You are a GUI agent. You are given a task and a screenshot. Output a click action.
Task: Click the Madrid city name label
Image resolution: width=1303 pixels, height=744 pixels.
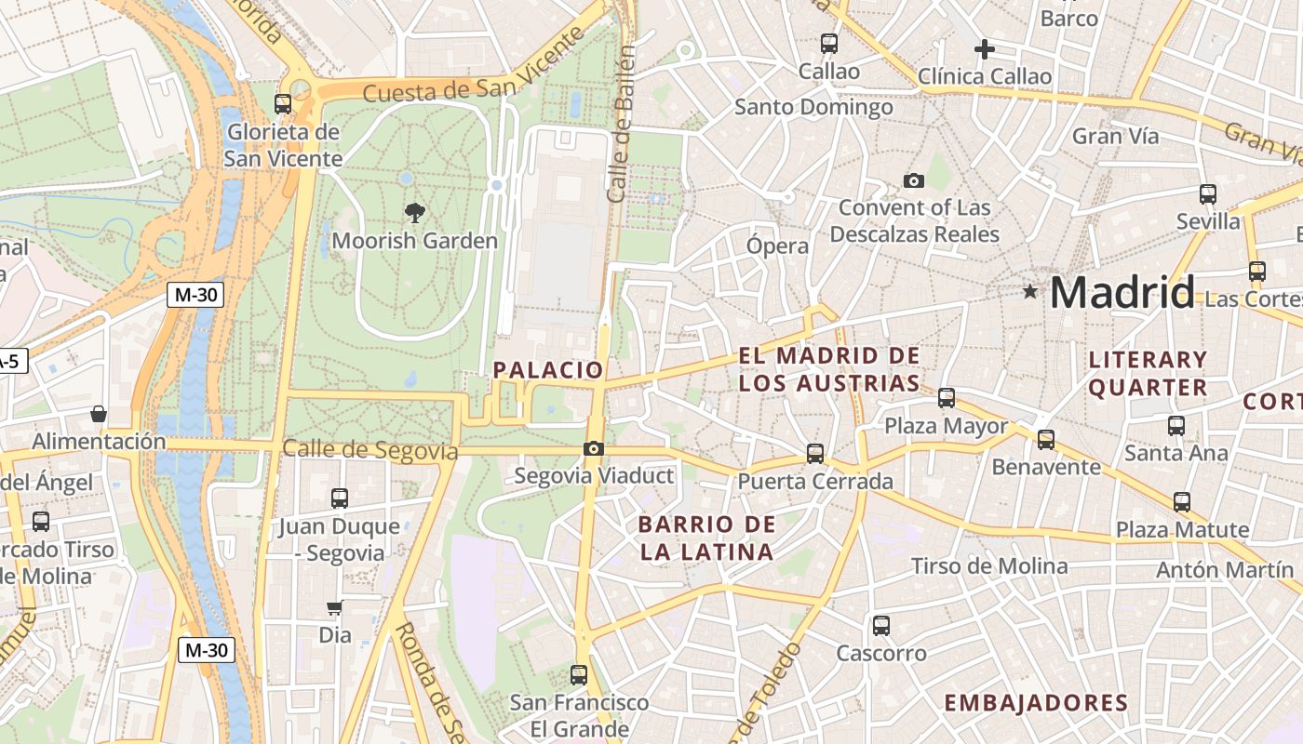(x=1122, y=293)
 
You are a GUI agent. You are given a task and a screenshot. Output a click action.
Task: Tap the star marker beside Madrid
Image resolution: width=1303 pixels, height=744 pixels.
(x=1029, y=292)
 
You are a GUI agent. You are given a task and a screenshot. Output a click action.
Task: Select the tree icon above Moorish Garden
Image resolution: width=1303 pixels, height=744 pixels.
(x=415, y=213)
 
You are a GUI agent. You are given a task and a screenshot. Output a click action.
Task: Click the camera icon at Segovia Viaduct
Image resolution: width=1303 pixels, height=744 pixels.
(x=594, y=449)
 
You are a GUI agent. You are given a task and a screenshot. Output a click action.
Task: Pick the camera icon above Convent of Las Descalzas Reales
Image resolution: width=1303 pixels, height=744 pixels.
(x=914, y=180)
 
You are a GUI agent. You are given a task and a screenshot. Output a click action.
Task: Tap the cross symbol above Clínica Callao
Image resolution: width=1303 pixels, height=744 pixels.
(x=985, y=48)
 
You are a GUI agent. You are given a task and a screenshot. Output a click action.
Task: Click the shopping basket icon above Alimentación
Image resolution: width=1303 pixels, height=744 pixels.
(x=99, y=414)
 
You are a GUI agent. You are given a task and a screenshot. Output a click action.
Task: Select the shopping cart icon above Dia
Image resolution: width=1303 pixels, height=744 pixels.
(x=335, y=608)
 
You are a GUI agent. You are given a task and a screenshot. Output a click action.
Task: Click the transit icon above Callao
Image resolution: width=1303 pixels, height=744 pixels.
(x=828, y=43)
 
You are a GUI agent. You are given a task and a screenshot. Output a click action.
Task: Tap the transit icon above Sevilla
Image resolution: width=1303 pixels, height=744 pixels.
(x=1208, y=193)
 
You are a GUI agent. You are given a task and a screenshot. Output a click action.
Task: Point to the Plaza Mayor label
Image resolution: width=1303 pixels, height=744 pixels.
(x=946, y=426)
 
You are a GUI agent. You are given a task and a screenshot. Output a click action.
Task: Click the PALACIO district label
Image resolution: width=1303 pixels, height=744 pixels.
(x=548, y=369)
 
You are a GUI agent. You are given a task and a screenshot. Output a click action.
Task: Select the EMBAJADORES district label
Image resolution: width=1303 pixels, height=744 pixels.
(x=1036, y=703)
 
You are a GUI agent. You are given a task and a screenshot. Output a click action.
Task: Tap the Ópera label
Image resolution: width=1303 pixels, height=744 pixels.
(x=777, y=246)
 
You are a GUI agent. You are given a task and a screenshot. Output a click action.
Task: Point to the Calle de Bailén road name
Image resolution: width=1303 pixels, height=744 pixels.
(x=621, y=123)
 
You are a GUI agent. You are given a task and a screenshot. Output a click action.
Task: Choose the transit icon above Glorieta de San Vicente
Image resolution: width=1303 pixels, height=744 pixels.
(x=283, y=104)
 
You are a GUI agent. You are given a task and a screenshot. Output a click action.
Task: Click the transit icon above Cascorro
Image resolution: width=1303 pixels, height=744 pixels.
(x=881, y=625)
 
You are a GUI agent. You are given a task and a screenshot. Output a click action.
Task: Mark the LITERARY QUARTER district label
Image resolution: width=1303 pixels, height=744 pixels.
(x=1148, y=373)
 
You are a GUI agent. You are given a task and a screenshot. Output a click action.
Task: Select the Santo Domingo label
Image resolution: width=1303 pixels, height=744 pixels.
(x=813, y=107)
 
